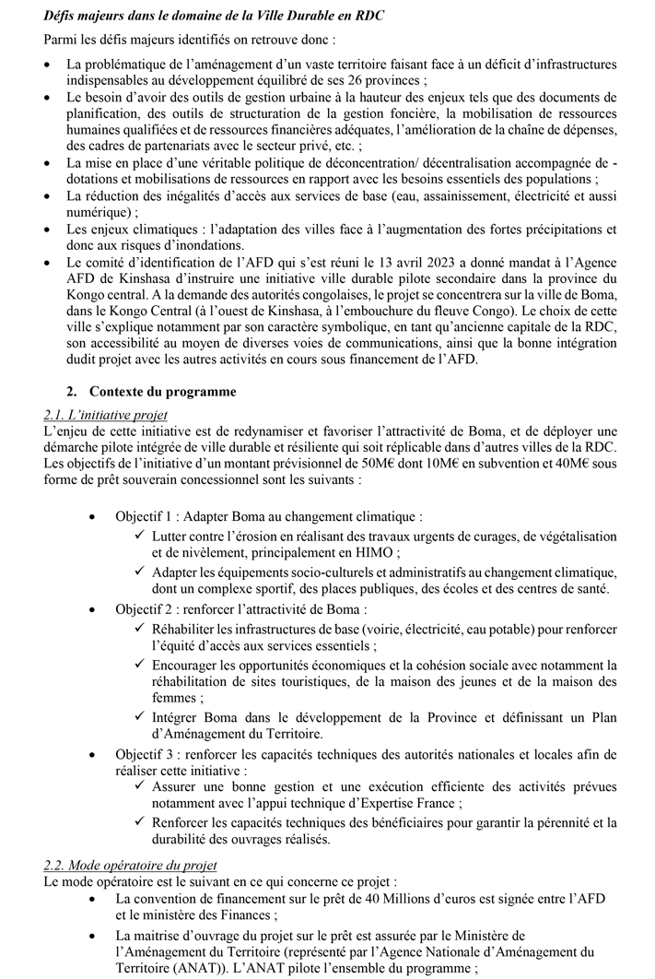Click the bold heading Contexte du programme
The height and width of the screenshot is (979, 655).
tap(162, 391)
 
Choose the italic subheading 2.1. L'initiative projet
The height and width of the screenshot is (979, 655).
tap(105, 415)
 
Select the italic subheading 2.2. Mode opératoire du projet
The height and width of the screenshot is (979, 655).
tap(130, 866)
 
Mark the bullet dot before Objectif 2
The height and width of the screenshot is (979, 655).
tap(92, 610)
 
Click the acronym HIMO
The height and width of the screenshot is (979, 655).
tap(375, 553)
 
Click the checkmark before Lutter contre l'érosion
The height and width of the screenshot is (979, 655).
tap(140, 537)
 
